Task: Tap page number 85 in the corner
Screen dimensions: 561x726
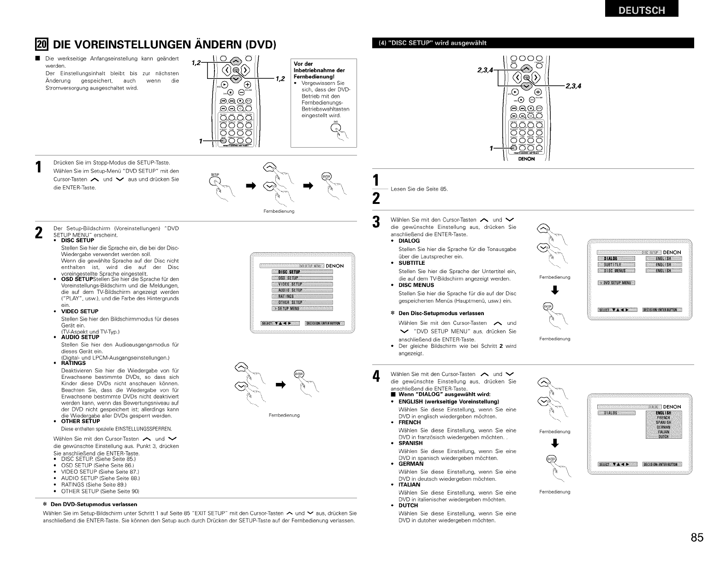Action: click(x=697, y=537)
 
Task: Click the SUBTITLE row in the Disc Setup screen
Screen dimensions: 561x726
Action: click(x=616, y=264)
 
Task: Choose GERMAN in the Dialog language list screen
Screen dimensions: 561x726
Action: click(x=664, y=427)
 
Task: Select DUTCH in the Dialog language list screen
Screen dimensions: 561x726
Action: click(x=664, y=437)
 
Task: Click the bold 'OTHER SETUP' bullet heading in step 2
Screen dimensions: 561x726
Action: click(x=80, y=421)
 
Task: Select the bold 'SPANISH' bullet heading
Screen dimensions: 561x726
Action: click(x=410, y=443)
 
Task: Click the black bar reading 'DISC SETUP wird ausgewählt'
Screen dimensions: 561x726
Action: click(x=535, y=43)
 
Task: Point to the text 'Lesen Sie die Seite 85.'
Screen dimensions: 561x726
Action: click(x=419, y=189)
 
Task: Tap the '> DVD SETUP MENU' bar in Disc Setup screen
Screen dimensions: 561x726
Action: click(x=616, y=283)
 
